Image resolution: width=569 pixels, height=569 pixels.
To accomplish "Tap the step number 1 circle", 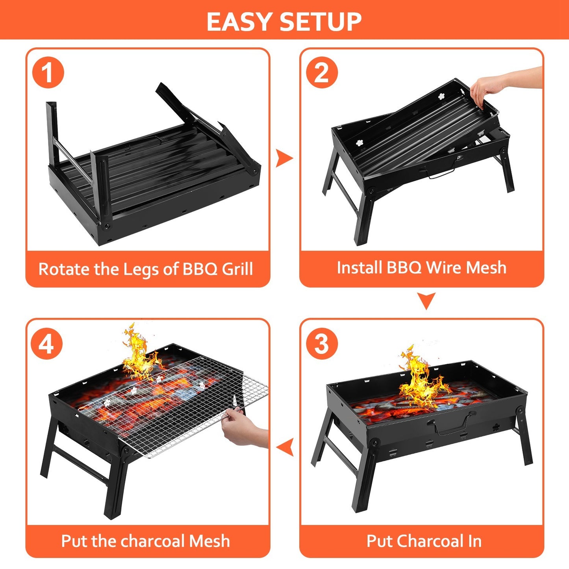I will pyautogui.click(x=48, y=73).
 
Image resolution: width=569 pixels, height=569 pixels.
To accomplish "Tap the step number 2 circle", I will pyautogui.click(x=322, y=73).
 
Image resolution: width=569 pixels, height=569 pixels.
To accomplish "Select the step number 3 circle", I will pyautogui.click(x=322, y=344).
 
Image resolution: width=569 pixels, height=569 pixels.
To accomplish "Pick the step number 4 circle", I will pyautogui.click(x=47, y=344).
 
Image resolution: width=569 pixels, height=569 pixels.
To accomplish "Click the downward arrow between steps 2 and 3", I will pyautogui.click(x=426, y=301).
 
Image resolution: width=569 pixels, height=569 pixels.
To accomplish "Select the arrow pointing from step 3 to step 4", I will pyautogui.click(x=285, y=447).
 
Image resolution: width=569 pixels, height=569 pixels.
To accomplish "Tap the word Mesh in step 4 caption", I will pyautogui.click(x=209, y=541).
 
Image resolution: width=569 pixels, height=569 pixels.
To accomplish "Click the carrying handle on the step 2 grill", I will pyautogui.click(x=441, y=173).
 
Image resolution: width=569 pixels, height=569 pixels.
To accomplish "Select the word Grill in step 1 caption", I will pyautogui.click(x=237, y=269).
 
